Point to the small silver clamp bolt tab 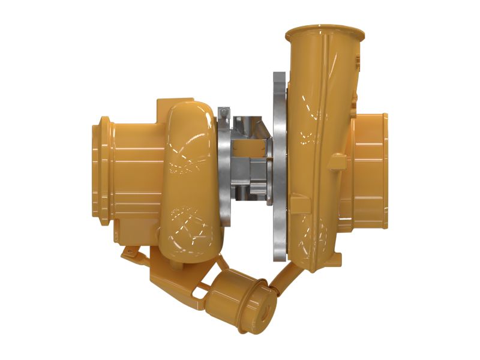(224, 112)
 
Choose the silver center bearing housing (248, 162)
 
